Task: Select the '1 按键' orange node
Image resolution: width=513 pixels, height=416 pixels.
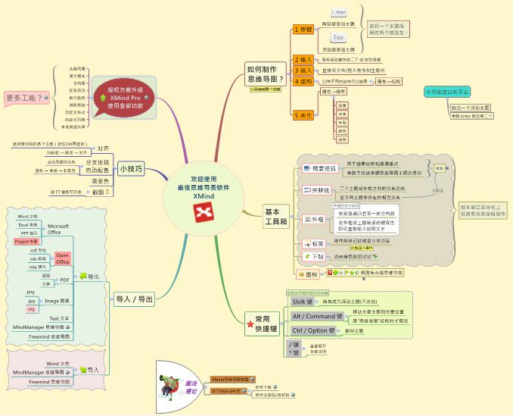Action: [x=303, y=30]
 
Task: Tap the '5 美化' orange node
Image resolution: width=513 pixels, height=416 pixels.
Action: [x=303, y=115]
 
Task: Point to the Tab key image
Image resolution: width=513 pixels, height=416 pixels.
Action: [x=339, y=36]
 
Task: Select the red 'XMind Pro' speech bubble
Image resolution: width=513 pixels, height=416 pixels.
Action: [x=124, y=97]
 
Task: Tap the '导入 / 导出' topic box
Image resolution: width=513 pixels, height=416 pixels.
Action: [x=134, y=299]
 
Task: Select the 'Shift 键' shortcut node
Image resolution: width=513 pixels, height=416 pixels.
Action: [x=306, y=302]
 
